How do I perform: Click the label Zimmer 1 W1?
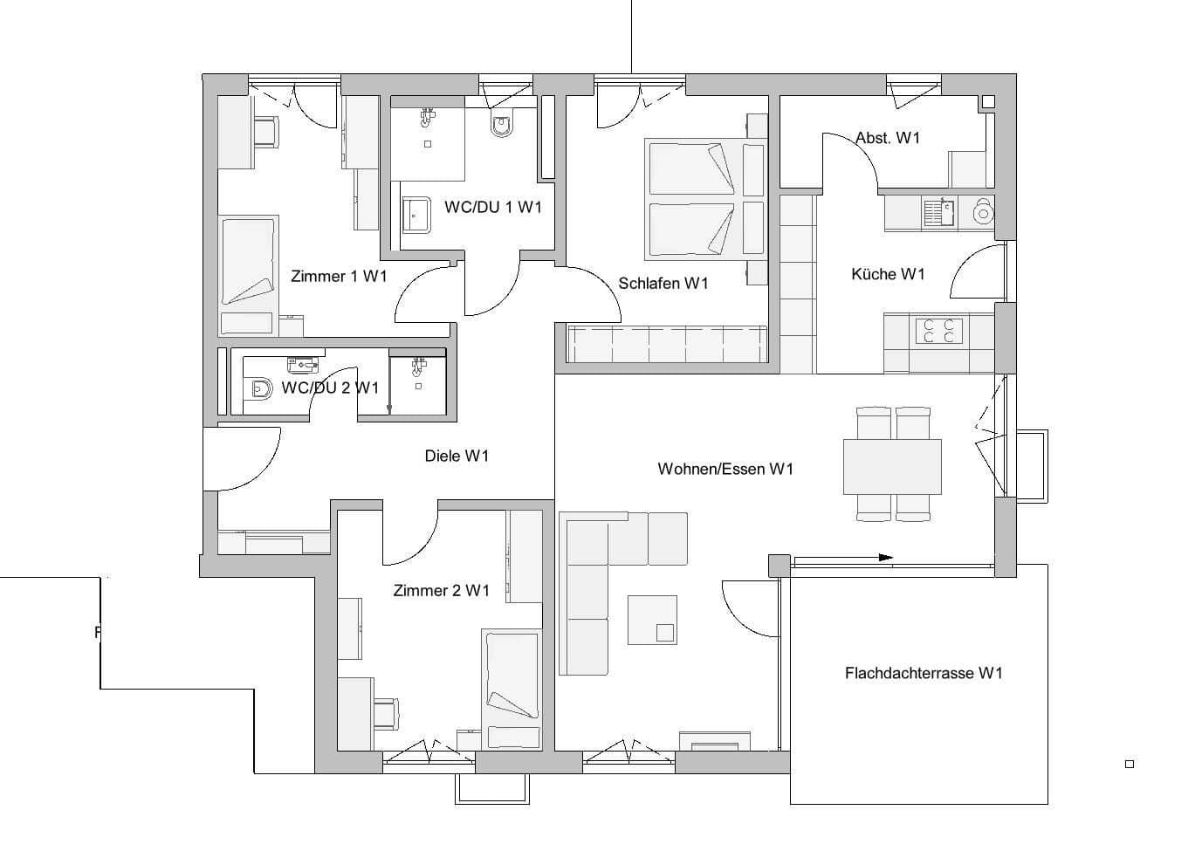click(x=339, y=277)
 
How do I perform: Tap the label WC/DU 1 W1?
click(x=493, y=207)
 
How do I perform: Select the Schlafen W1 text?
click(x=663, y=283)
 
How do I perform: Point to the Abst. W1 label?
click(x=888, y=138)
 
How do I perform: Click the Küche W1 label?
click(x=888, y=274)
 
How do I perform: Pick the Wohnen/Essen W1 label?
click(x=725, y=470)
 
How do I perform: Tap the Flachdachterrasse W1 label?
click(x=924, y=673)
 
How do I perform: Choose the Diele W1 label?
click(x=457, y=456)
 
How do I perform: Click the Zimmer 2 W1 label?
click(x=442, y=591)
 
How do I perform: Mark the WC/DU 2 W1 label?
click(x=330, y=388)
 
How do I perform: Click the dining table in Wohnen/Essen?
click(x=892, y=466)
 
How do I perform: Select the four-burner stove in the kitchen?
click(x=938, y=331)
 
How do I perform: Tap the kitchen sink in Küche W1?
click(x=939, y=210)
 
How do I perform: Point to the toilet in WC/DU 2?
click(x=260, y=388)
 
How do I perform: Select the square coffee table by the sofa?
click(x=652, y=620)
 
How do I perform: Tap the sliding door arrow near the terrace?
click(x=885, y=557)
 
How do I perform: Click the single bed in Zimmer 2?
click(x=512, y=687)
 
